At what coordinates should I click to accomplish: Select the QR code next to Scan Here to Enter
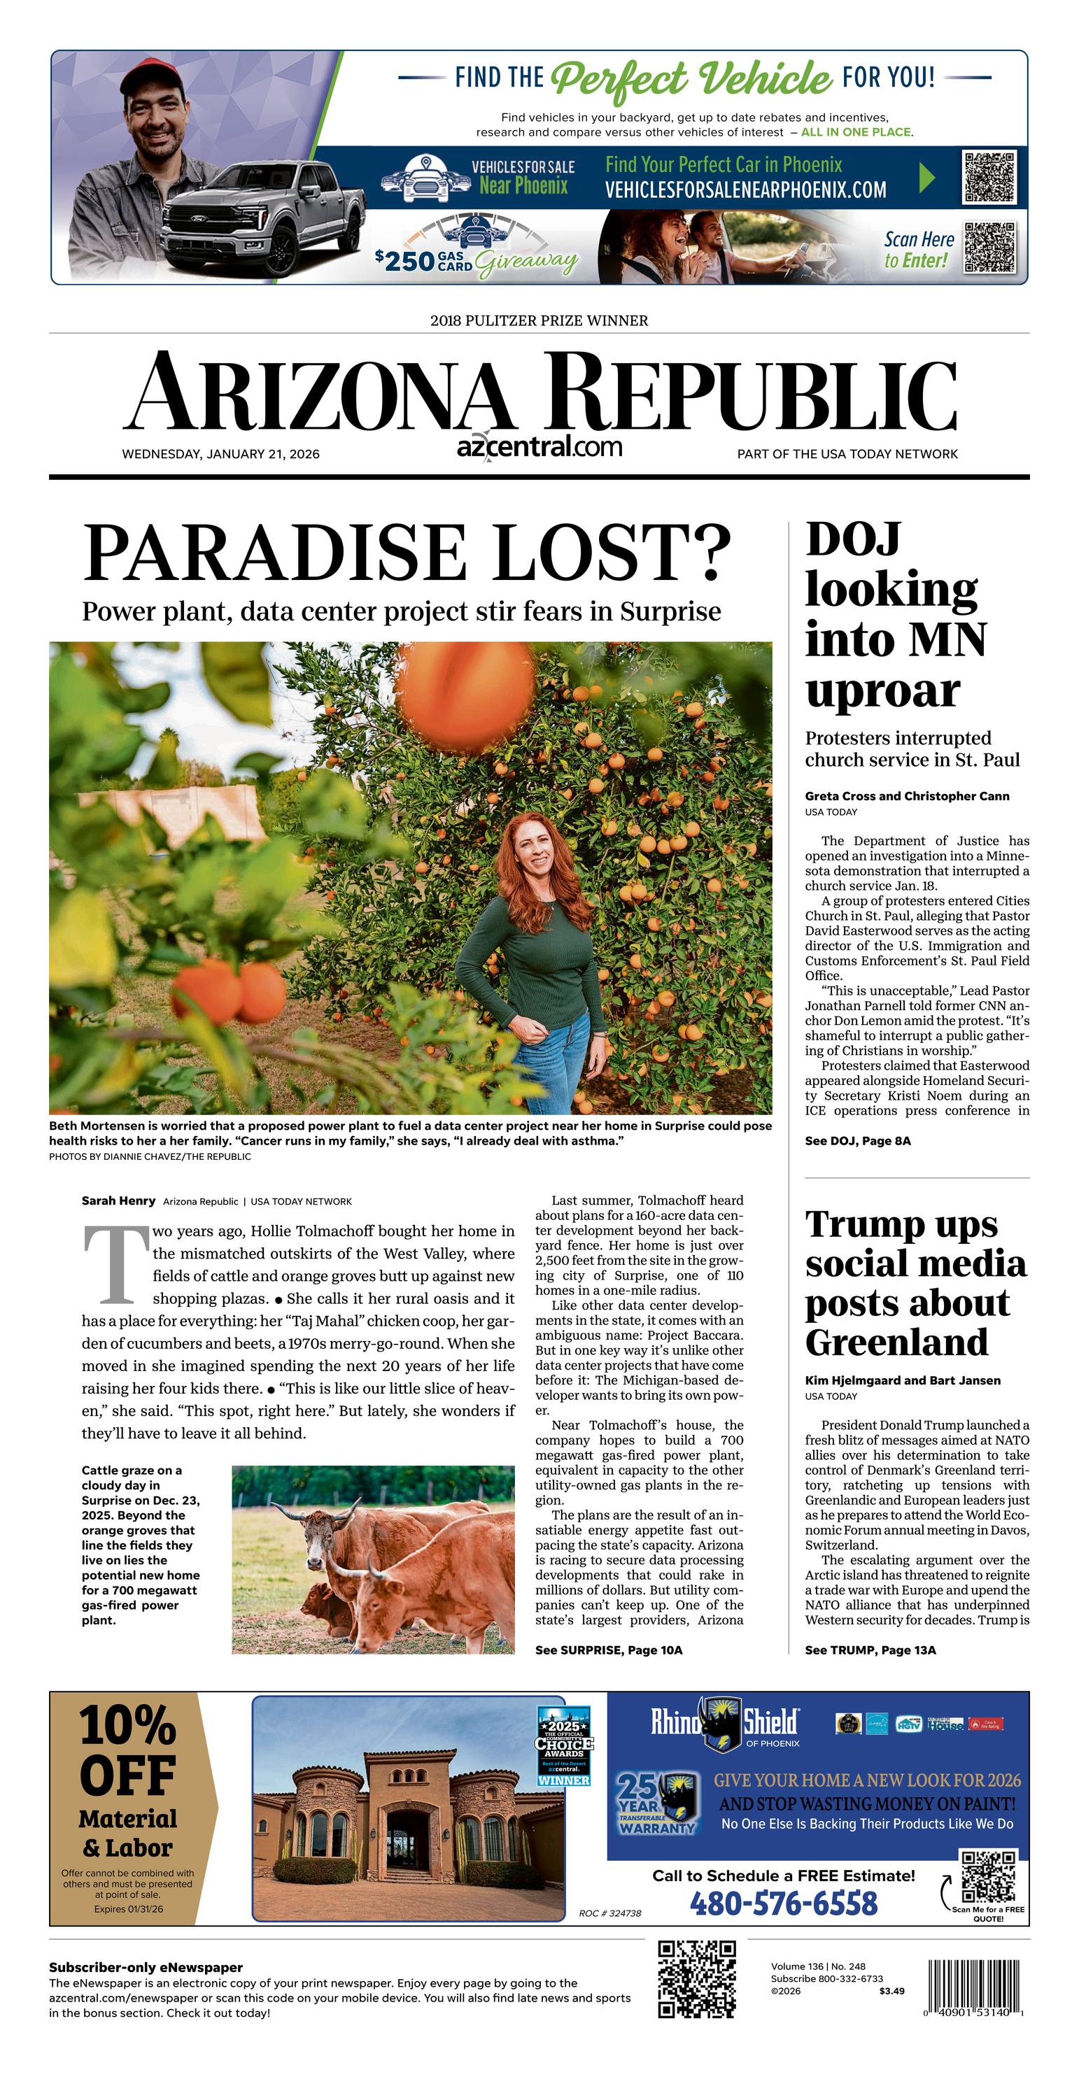click(990, 248)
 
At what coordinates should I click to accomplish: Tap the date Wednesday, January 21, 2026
click(221, 455)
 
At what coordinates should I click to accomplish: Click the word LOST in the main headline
click(599, 554)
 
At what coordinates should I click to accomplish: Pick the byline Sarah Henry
click(118, 1200)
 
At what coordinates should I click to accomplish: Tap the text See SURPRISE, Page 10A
click(609, 1650)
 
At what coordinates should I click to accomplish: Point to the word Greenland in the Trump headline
click(897, 1343)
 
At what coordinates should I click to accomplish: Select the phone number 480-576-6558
click(784, 1904)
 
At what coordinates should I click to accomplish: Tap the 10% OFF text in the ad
click(128, 1751)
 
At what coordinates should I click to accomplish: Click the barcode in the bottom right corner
click(975, 1990)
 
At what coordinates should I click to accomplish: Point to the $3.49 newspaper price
click(892, 1991)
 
